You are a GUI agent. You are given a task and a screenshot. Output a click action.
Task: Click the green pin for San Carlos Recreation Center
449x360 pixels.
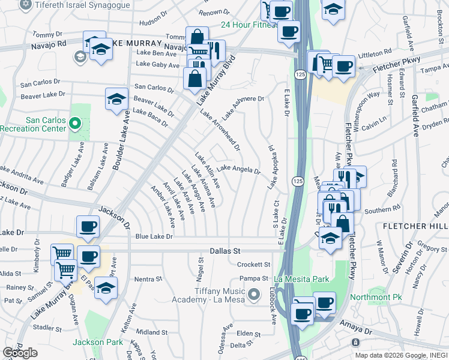click(x=75, y=124)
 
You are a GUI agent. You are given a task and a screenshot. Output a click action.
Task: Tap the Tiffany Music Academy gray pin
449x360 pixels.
click(x=255, y=294)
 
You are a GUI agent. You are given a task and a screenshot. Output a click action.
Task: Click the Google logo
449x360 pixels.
click(x=20, y=353)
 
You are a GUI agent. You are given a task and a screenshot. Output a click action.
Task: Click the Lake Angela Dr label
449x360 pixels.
click(x=238, y=169)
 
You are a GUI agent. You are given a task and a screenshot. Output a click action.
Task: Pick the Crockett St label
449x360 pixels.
click(x=254, y=265)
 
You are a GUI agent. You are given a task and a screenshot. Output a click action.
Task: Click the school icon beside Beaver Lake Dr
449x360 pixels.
click(x=116, y=100)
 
